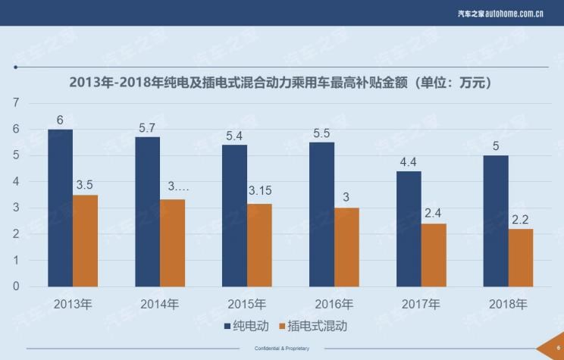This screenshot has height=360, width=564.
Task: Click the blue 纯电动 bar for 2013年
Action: coord(60,208)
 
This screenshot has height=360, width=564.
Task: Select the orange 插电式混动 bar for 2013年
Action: coord(85,241)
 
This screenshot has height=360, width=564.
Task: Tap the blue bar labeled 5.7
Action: coord(147,212)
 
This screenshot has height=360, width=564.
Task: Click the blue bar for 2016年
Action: coord(321,214)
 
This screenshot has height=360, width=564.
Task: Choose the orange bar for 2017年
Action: coord(434,255)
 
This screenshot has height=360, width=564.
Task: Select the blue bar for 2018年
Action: coord(496,221)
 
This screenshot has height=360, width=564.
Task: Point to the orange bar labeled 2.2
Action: coord(521,258)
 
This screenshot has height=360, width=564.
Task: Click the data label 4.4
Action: coord(409,161)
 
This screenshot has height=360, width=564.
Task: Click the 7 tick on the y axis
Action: coord(16,103)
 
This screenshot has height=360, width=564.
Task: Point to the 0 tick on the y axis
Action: coord(16,286)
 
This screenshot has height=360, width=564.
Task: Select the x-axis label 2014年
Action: coord(159,305)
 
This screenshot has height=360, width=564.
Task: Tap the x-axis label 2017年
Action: coord(421,305)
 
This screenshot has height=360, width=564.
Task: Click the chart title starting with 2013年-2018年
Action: coord(281,82)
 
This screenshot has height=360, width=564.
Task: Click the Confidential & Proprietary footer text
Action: coord(281,349)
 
